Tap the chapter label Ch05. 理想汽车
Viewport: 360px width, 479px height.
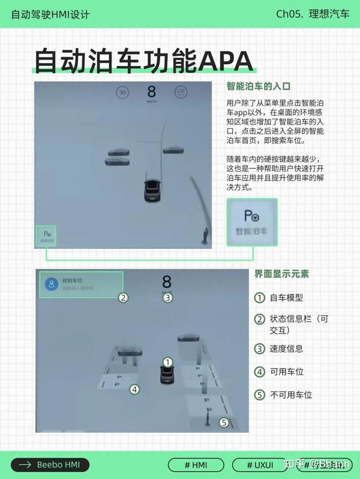point(312,14)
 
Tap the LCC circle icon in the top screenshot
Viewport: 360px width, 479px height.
point(181,92)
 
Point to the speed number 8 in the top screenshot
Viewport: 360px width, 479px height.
point(151,92)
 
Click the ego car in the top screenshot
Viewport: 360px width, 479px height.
point(152,190)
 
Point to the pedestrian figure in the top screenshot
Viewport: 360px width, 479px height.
point(206,236)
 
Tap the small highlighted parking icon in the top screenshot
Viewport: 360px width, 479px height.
point(46,236)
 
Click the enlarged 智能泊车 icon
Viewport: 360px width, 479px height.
point(251,222)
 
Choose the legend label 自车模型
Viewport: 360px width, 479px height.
point(286,298)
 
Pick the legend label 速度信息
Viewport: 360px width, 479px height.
point(286,348)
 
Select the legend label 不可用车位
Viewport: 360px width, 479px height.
point(290,394)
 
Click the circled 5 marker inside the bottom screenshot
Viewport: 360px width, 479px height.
point(224,422)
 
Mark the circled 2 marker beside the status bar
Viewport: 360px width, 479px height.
point(123,297)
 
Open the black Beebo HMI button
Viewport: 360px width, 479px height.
point(50,465)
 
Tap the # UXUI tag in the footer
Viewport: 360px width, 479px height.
point(260,465)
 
